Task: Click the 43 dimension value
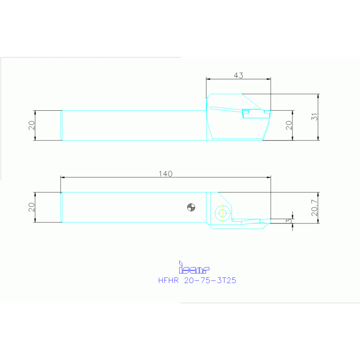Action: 238,75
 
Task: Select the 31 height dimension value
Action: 314,117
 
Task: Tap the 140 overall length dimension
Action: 165,174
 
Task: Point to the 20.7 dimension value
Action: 314,207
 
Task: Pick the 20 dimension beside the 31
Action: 289,125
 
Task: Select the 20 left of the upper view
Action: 31,125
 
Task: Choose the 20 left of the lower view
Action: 31,207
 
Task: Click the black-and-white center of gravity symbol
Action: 191,207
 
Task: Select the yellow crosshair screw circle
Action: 222,213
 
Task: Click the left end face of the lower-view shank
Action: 61,207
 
